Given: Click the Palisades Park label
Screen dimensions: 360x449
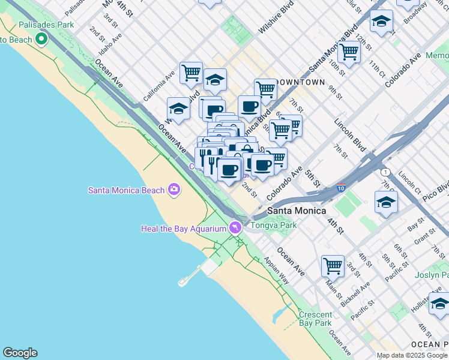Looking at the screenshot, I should (46, 25).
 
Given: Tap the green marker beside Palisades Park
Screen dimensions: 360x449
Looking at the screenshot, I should (41, 40).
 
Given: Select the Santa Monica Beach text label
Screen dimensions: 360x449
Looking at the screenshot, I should (126, 190).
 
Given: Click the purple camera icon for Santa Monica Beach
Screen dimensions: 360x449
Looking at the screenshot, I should (174, 190).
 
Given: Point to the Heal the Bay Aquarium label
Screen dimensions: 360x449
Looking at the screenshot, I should (183, 228).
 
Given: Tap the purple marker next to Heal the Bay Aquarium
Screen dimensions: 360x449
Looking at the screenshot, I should (235, 227).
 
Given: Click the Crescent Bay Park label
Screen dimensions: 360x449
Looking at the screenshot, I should (315, 319).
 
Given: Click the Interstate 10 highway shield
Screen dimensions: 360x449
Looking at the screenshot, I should (341, 188).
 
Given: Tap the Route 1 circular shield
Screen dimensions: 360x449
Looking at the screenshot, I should (385, 172).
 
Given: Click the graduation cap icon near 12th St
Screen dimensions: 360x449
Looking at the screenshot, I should (381, 21).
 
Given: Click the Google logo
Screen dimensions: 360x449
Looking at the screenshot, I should (20, 353).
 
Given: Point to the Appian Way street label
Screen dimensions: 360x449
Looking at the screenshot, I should (276, 271).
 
